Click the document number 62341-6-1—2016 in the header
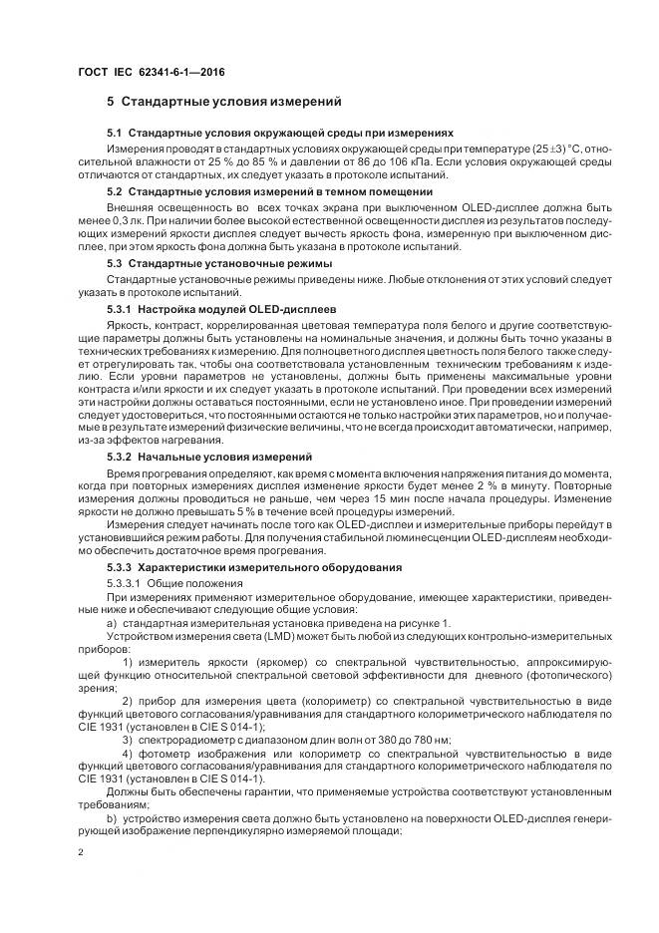click(x=163, y=73)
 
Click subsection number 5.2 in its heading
click(x=115, y=190)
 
